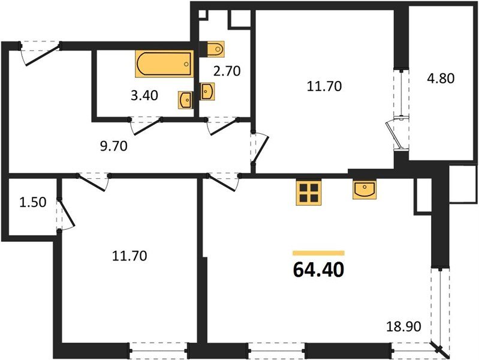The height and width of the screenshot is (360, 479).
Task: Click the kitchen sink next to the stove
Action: pos(365,190)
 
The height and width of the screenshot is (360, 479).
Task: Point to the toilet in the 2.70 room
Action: pos(214,48)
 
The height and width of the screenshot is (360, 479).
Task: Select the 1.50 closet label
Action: pos(32,202)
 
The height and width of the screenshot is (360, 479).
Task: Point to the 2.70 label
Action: pos(227,71)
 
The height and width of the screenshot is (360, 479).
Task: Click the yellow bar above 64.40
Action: pos(318,253)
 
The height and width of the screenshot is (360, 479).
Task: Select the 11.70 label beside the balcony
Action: pos(324,86)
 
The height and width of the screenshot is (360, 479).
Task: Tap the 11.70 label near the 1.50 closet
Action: pos(129,256)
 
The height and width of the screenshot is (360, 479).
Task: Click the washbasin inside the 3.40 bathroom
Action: pos(185,100)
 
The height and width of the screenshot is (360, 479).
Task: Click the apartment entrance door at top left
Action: pos(41,53)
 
